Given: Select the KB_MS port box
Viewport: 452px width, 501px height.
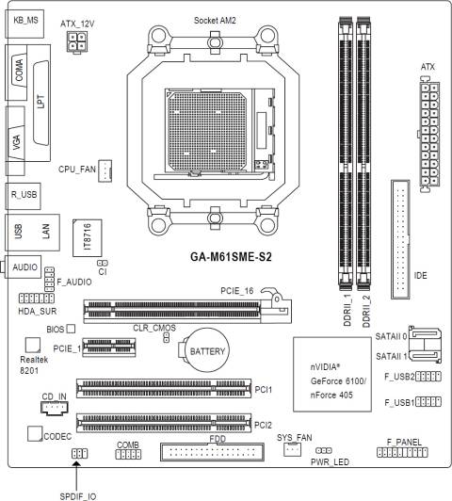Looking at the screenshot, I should pos(25,20).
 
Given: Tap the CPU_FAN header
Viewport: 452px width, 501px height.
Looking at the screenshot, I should pos(106,170).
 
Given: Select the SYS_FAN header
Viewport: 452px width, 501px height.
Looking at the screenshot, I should pos(293,450).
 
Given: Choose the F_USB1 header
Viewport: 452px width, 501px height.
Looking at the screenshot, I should pos(428,402).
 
